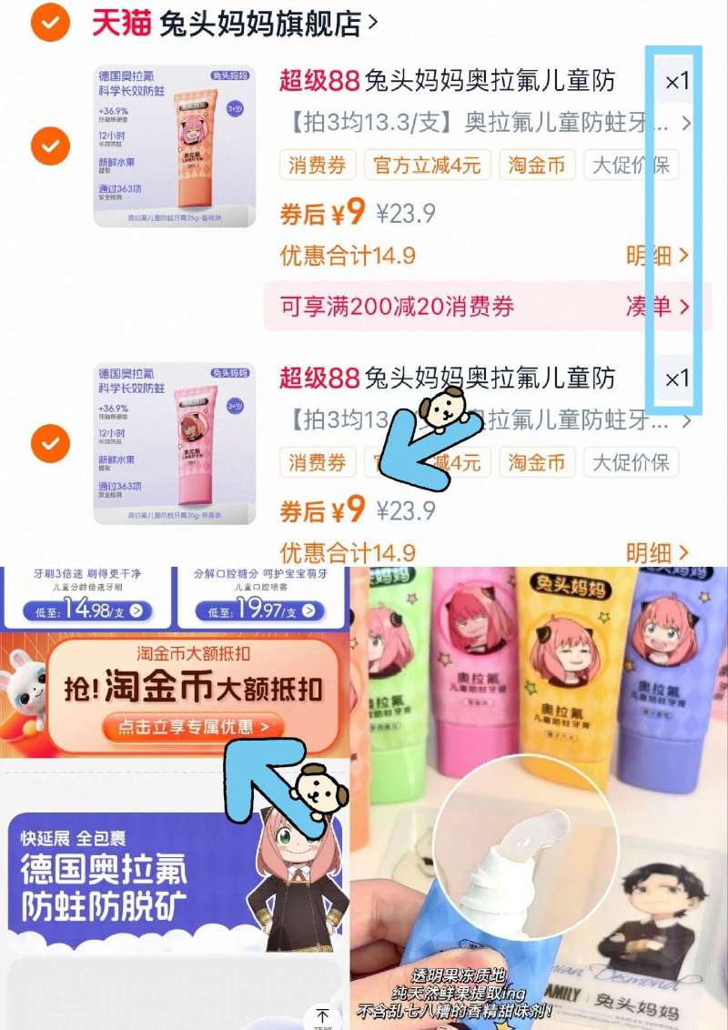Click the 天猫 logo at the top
[x=120, y=24]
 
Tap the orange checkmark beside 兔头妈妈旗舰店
[x=50, y=23]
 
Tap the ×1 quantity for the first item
[x=677, y=82]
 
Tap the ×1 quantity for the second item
[x=677, y=379]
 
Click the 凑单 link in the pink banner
[x=657, y=307]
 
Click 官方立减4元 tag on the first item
[x=428, y=165]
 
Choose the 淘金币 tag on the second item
[x=536, y=462]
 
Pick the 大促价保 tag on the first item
[x=630, y=165]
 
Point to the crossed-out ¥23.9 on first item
[x=406, y=214]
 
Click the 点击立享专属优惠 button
[x=192, y=727]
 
